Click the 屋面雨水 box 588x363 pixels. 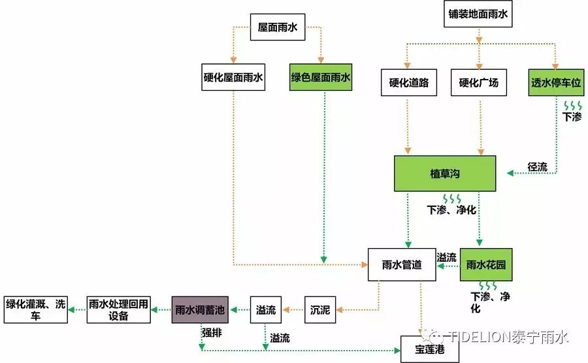click(x=278, y=27)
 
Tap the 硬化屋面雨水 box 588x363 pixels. click(x=233, y=78)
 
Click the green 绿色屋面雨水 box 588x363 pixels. click(x=321, y=78)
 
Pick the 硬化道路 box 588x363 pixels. click(x=408, y=83)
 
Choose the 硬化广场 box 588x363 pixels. click(x=478, y=83)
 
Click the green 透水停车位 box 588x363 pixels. click(x=555, y=83)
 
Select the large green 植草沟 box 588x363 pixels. click(x=444, y=174)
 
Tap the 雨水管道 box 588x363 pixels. click(x=401, y=264)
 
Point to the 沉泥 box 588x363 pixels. click(x=319, y=309)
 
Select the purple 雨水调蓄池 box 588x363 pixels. click(x=201, y=309)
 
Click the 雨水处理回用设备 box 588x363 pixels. click(x=119, y=309)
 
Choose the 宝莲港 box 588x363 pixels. click(x=430, y=350)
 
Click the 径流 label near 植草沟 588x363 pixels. click(x=537, y=167)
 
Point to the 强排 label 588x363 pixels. click(x=211, y=332)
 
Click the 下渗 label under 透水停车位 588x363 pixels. click(x=572, y=117)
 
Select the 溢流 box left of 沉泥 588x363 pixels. click(x=266, y=309)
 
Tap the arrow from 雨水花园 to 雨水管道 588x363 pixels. click(x=448, y=266)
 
